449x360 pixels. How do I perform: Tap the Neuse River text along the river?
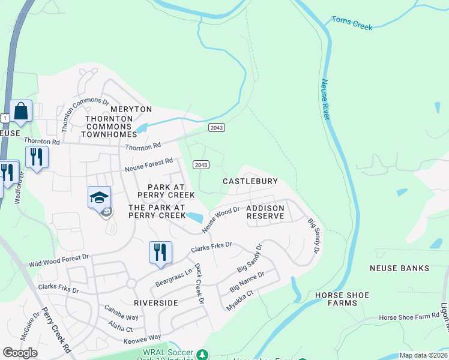pyautogui.click(x=325, y=100)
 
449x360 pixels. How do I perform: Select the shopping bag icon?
pyautogui.click(x=20, y=112)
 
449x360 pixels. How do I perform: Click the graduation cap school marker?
pyautogui.click(x=100, y=197)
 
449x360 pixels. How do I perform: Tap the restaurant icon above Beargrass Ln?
pyautogui.click(x=160, y=252)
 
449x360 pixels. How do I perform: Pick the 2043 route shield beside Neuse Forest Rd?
pyautogui.click(x=201, y=164)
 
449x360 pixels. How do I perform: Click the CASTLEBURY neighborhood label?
pyautogui.click(x=250, y=181)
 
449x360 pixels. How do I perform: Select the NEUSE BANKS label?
pyautogui.click(x=400, y=268)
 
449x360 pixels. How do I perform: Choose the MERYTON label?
pyautogui.click(x=130, y=109)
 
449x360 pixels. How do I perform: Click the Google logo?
pyautogui.click(x=20, y=353)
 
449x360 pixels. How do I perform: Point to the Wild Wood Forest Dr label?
pyautogui.click(x=58, y=260)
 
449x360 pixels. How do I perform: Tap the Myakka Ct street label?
pyautogui.click(x=240, y=301)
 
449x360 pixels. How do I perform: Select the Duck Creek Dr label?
pyautogui.click(x=199, y=284)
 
